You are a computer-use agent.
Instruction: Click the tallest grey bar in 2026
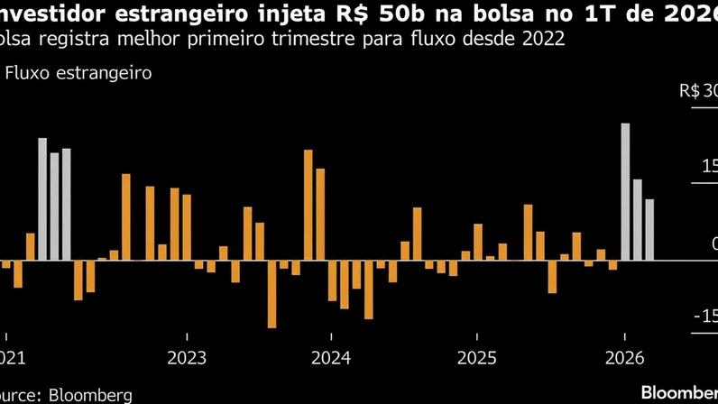tap(625, 191)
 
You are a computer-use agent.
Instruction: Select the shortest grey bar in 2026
tap(649, 230)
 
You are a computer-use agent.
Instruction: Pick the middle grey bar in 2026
tap(638, 220)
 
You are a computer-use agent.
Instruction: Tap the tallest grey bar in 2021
tap(42, 199)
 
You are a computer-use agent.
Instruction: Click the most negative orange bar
tap(271, 294)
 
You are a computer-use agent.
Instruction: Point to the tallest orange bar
tap(308, 205)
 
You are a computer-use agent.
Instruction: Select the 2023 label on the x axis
tap(186, 356)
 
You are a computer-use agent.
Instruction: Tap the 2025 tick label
tap(477, 356)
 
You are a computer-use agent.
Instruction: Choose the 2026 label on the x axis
tap(624, 356)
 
